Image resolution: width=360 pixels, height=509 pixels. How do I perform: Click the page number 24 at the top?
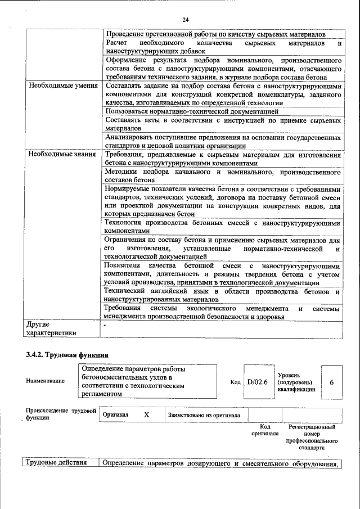185,20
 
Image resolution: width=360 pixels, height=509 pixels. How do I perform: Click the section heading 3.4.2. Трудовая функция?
67,355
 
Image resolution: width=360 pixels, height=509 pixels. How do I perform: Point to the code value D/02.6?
257,381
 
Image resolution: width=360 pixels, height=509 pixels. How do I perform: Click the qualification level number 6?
331,382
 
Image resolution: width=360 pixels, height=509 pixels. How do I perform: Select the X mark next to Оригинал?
146,415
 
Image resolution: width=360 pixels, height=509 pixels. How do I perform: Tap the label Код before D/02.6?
235,382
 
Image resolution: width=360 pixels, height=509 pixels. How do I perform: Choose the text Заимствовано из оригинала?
204,415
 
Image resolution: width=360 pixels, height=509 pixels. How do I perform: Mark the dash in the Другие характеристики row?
105,325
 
